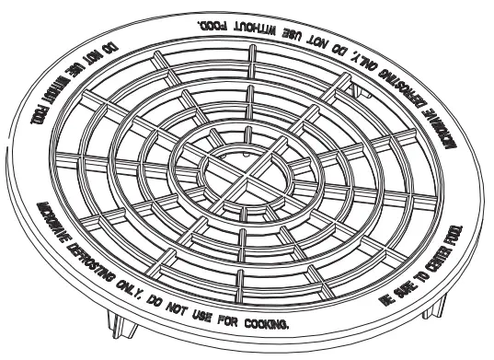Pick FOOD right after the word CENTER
(455, 244)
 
